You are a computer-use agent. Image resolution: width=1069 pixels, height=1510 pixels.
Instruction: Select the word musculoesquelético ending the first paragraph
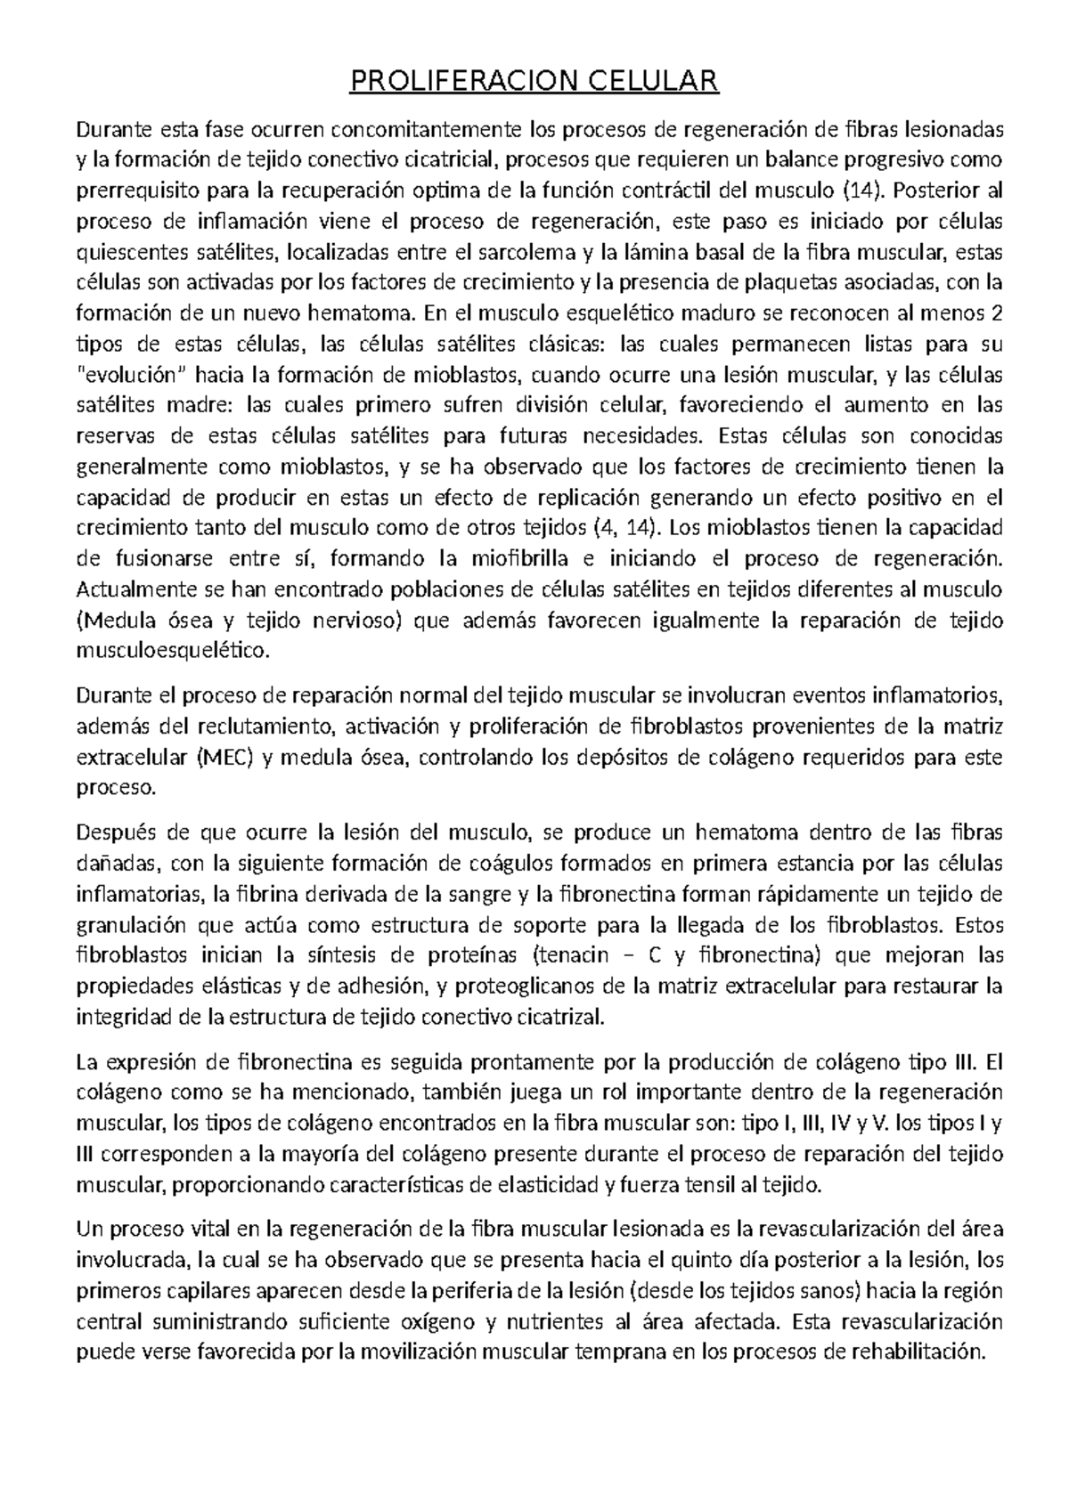click(x=173, y=652)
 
